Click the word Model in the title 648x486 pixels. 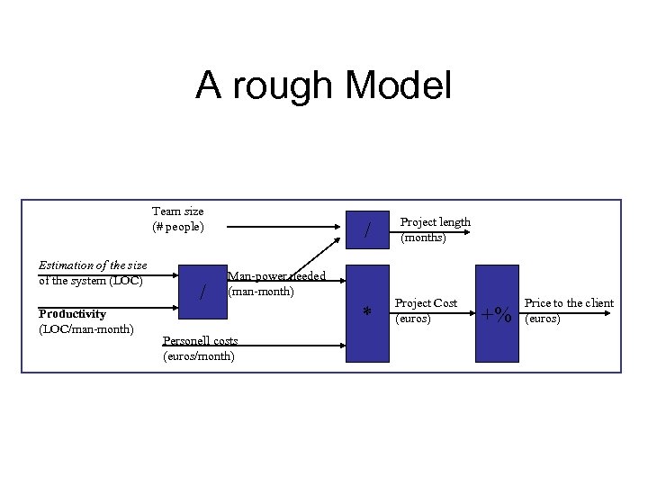point(398,85)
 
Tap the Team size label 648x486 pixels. point(178,211)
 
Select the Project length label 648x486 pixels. point(435,222)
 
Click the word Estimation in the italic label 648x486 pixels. point(69,265)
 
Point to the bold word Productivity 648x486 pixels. point(72,314)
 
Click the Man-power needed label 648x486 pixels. point(277,276)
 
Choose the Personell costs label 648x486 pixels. point(200,340)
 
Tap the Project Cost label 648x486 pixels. point(426,303)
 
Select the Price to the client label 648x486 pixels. point(569,303)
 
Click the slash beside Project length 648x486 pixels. point(367,231)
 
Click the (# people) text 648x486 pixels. point(178,227)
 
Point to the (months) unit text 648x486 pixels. point(423,238)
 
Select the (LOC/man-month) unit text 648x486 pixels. point(86,328)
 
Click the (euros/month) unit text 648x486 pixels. point(198,355)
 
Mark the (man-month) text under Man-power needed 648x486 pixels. point(261,292)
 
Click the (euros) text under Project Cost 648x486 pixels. point(414,319)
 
